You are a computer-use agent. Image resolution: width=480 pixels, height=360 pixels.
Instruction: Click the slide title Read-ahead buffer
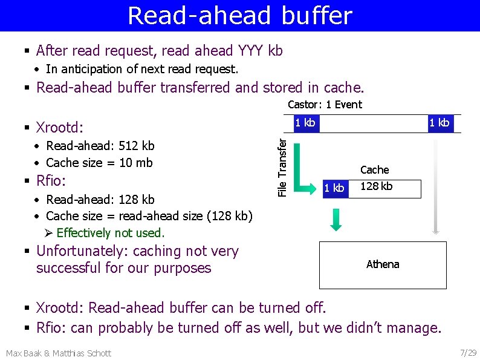pyautogui.click(x=239, y=16)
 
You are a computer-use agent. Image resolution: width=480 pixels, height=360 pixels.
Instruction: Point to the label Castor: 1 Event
pyautogui.click(x=325, y=105)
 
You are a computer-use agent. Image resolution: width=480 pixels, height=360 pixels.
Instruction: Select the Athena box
pyautogui.click(x=383, y=264)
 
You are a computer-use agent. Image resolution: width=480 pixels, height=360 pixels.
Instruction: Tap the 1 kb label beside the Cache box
pyautogui.click(x=334, y=188)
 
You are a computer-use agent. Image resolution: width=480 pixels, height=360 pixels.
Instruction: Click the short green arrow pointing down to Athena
pyautogui.click(x=336, y=219)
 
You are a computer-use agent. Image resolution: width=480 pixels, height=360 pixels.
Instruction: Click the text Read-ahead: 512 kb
pyautogui.click(x=100, y=146)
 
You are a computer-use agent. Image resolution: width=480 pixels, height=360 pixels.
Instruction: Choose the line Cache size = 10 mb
pyautogui.click(x=99, y=163)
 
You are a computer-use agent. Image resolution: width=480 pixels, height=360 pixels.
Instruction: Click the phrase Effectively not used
pyautogui.click(x=110, y=233)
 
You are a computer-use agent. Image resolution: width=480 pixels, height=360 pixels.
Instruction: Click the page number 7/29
pyautogui.click(x=467, y=352)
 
